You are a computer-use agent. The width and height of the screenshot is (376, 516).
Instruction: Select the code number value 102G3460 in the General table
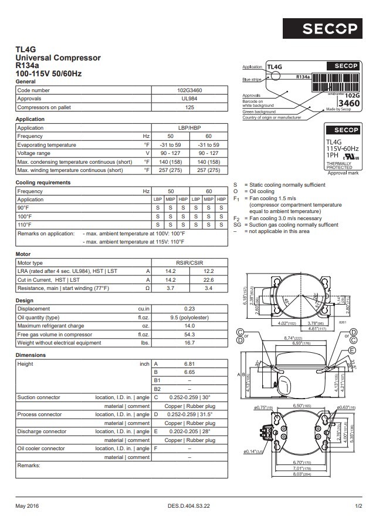(189, 90)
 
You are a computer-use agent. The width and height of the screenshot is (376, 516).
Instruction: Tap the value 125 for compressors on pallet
(189, 107)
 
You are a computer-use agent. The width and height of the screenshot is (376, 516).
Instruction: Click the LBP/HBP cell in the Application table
(189, 127)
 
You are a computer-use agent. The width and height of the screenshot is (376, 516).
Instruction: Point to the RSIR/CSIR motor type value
(189, 263)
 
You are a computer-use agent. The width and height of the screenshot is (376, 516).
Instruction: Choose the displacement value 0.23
(189, 309)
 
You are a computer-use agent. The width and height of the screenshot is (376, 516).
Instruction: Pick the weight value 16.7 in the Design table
(189, 343)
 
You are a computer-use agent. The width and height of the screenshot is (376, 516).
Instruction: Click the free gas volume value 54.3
(189, 334)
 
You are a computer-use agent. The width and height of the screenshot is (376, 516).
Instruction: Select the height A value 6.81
(189, 364)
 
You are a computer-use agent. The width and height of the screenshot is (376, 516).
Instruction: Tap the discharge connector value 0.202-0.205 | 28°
(189, 431)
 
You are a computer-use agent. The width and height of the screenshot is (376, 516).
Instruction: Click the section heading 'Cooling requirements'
(43, 183)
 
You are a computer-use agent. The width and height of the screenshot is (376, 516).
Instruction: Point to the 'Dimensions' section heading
(31, 355)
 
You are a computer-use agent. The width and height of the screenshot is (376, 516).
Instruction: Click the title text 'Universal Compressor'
(57, 58)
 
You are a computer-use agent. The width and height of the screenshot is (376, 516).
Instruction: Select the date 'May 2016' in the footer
(28, 505)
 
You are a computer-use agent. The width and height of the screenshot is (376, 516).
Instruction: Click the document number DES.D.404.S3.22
(188, 505)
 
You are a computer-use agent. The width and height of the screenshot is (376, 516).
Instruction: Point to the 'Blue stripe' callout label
(252, 79)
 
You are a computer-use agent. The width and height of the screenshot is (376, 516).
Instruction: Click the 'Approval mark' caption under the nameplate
(343, 173)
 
